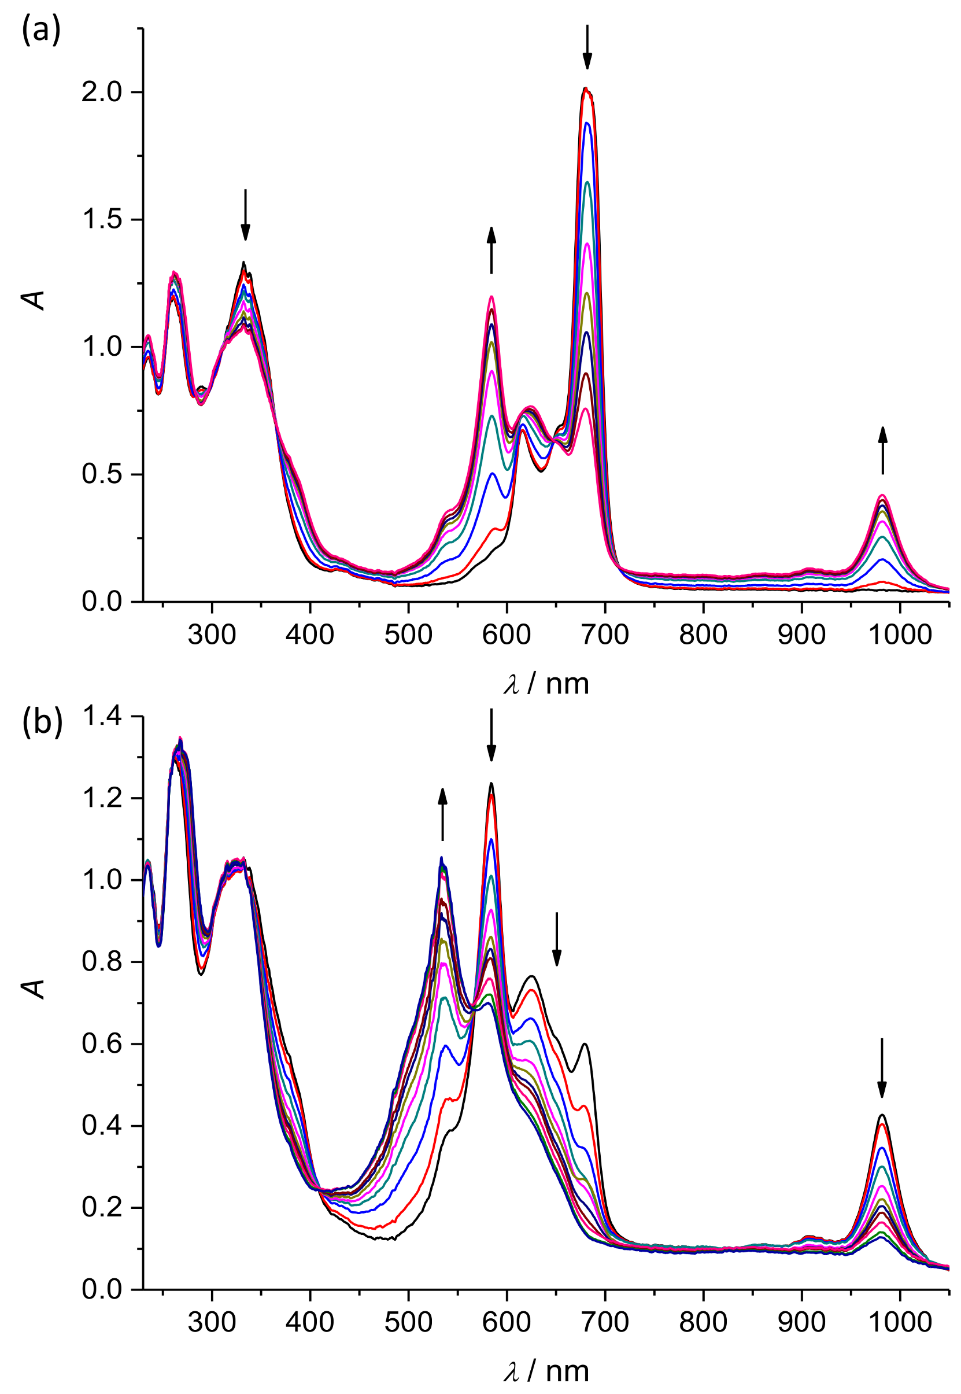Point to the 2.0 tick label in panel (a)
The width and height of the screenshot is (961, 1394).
coord(101,93)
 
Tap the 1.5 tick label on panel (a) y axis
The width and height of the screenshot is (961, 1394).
coord(101,220)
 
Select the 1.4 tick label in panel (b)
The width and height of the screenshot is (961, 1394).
coord(101,717)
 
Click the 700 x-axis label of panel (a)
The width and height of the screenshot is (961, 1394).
coord(605,634)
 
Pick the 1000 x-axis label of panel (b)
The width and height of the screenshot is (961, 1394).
coord(900,1322)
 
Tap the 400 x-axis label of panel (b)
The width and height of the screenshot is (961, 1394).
coord(309,1322)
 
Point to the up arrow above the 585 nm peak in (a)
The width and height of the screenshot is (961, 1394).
coord(491,250)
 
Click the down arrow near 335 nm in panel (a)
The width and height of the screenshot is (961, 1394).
coord(245,215)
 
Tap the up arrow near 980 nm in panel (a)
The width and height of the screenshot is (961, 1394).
coord(883,451)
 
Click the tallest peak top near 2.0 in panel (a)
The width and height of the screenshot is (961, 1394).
coord(586,89)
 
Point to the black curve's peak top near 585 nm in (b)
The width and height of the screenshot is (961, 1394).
coord(491,783)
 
